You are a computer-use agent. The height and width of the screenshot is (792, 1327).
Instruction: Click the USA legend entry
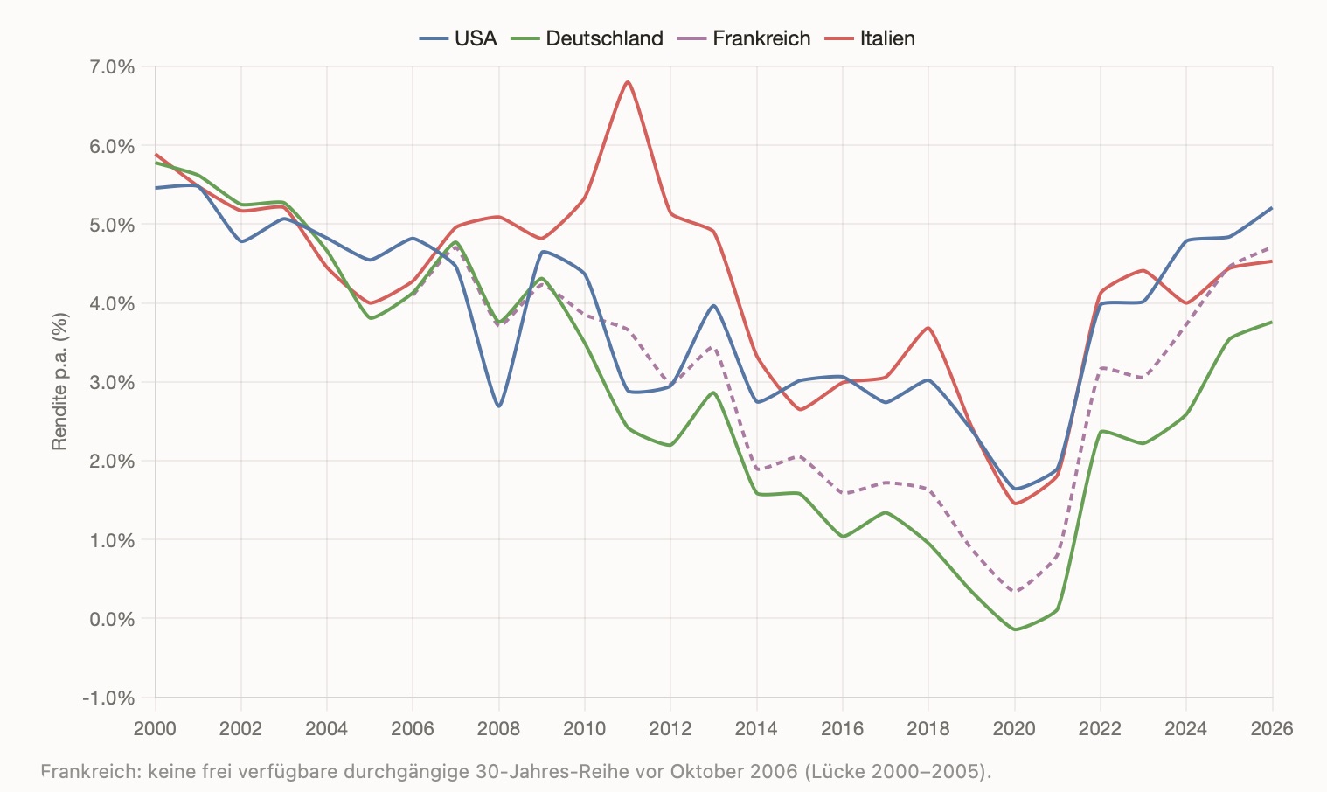458,38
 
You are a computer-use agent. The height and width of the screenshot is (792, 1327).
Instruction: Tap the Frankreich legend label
743,38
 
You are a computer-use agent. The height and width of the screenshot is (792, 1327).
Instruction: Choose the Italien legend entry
870,38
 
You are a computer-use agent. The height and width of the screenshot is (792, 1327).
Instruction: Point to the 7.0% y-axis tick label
112,67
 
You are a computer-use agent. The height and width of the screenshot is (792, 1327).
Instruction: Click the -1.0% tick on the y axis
108,698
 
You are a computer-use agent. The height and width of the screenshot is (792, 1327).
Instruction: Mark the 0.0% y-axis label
112,619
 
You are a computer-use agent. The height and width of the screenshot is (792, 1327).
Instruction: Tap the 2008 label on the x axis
498,728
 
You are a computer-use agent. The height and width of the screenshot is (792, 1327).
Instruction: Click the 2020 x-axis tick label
1014,728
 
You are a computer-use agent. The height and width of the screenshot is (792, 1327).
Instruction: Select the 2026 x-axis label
1272,728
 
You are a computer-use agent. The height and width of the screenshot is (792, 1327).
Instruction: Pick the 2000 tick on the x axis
155,728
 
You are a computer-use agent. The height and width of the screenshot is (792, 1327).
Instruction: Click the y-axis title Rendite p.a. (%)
59,381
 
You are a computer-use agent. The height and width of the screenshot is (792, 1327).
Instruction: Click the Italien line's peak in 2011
628,82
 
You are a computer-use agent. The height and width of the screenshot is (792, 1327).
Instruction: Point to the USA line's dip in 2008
499,406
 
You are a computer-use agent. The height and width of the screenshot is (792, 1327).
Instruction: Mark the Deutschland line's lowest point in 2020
1015,629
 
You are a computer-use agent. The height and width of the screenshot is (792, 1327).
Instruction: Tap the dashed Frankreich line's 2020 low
1015,591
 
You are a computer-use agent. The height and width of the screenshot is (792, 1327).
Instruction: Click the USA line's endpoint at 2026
1272,208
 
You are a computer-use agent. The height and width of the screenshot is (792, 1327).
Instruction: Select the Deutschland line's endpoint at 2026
1272,323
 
